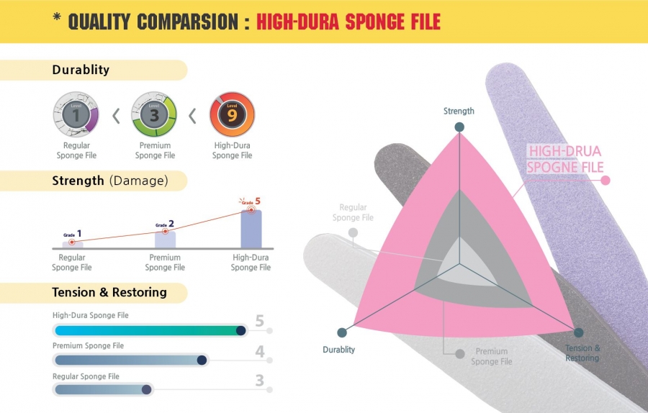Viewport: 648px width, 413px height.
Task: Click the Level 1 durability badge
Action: tap(76, 115)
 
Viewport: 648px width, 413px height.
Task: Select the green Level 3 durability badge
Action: tap(154, 115)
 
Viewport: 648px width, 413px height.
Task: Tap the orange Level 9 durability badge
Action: tap(233, 115)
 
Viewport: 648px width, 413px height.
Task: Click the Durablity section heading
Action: tap(81, 70)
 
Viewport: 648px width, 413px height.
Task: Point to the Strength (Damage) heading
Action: tap(110, 181)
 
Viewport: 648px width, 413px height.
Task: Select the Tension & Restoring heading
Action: tap(109, 292)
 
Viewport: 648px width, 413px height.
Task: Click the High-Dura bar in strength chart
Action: tap(251, 230)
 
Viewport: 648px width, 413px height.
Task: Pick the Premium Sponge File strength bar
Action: tap(165, 240)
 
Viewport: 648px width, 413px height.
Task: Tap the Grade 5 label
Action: tap(250, 201)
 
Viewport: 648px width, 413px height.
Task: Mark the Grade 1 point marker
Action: tap(72, 242)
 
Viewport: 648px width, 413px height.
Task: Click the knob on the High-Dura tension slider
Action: tap(241, 330)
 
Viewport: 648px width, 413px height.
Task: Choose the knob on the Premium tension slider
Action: tap(202, 360)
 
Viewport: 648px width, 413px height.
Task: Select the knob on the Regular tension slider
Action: tap(146, 389)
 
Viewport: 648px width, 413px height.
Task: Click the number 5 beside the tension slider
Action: tap(259, 321)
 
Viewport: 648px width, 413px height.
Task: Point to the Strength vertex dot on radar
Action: tap(459, 127)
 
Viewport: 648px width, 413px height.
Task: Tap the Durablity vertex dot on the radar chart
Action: tap(342, 332)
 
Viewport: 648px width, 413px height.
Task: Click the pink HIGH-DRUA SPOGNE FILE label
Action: tap(565, 159)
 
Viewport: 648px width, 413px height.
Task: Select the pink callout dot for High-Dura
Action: tap(606, 180)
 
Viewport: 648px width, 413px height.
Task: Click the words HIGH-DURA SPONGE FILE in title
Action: tap(348, 22)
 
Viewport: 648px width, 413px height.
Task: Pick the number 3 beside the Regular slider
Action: tap(259, 381)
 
